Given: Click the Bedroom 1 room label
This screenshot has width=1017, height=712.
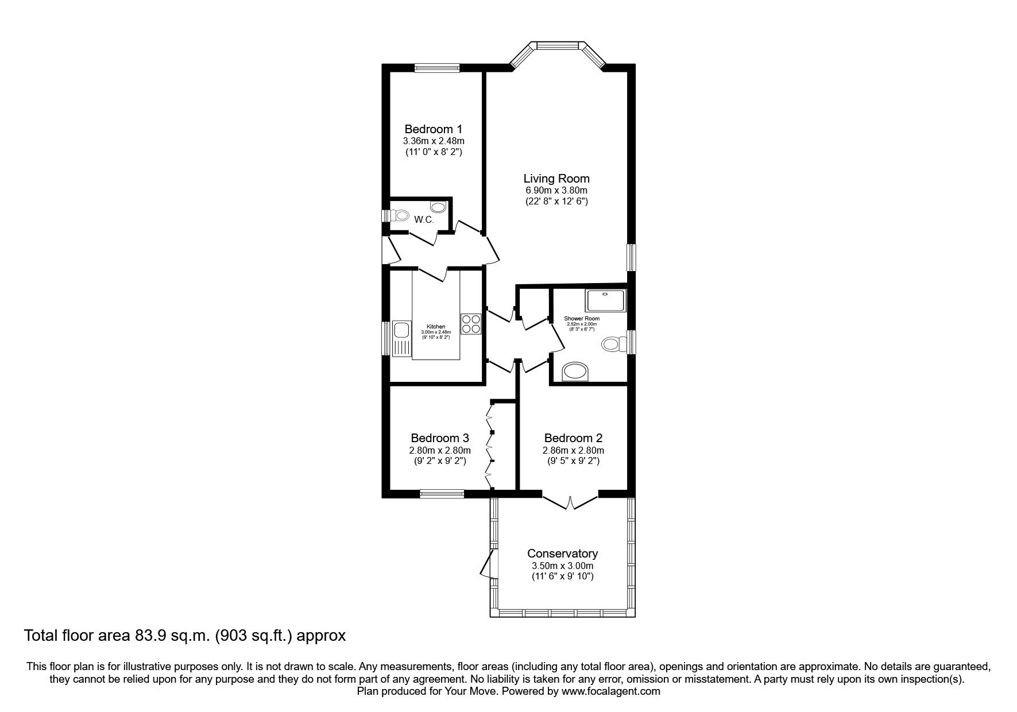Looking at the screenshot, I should point(433,129).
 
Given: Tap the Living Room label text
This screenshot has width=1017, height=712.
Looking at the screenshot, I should point(556,179).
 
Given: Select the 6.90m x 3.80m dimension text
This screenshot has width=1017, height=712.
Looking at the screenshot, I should point(556,190).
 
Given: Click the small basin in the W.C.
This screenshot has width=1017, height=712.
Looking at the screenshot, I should point(438,207).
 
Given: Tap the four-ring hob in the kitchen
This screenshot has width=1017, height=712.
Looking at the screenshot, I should point(471,324).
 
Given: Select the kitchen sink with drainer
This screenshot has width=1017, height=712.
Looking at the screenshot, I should point(401,338).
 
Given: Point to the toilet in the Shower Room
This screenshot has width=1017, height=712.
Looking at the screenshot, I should point(613,345).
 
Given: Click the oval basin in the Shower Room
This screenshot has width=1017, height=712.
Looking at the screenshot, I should point(575,372).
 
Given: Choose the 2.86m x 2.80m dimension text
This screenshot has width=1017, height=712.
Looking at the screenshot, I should point(573,450).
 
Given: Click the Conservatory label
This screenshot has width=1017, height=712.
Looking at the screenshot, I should point(562,554).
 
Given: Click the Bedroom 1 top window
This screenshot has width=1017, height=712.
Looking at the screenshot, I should point(438,68).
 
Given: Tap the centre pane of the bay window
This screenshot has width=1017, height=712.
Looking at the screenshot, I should point(556,45).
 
